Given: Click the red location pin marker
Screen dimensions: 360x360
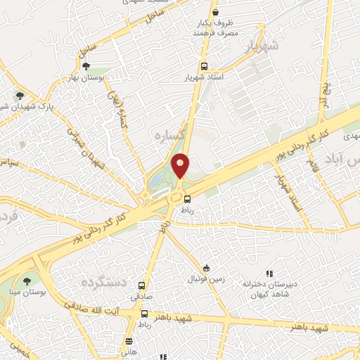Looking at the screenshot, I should point(181,165).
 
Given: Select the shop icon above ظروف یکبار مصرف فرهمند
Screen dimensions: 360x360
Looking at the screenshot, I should point(216,13).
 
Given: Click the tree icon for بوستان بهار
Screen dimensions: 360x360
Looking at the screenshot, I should point(86,67).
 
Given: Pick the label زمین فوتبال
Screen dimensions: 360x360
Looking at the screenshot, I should point(205,279).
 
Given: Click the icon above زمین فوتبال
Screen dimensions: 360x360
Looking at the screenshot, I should point(205,268).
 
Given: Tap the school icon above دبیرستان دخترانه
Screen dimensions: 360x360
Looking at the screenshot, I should point(268,274).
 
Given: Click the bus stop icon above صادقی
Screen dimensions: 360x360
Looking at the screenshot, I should point(142,286).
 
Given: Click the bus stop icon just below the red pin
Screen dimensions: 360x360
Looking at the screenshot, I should point(187,198).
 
